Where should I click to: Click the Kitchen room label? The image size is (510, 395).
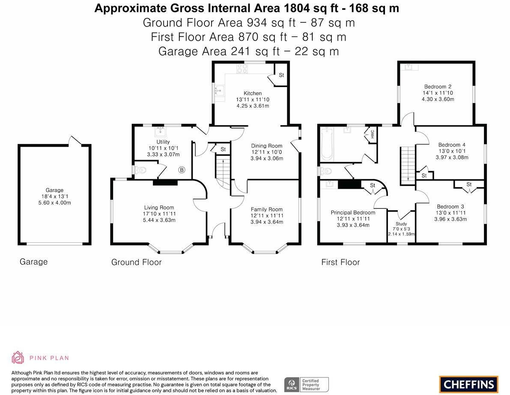pos(253,93)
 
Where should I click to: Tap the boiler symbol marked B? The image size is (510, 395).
pos(182,170)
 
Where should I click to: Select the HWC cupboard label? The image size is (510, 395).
pos(372,133)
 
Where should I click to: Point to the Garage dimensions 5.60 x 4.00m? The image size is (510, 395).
pos(54,203)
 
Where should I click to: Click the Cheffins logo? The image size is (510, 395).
pos(468,384)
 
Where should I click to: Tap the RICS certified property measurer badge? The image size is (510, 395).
pos(307,384)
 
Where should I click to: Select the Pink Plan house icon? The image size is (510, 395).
pos(18,358)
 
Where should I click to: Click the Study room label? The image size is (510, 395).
pos(401,224)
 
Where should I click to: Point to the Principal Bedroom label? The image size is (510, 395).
pos(353,213)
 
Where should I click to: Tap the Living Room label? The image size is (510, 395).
pos(159,208)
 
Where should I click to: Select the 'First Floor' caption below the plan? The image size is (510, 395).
pos(340,262)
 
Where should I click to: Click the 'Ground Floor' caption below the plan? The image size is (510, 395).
pos(136,262)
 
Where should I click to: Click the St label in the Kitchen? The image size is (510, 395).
pos(281,75)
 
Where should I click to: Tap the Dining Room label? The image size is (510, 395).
pos(266,146)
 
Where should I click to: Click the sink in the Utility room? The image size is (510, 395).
pos(161,130)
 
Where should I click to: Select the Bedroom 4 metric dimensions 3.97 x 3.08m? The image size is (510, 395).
pos(452,157)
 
